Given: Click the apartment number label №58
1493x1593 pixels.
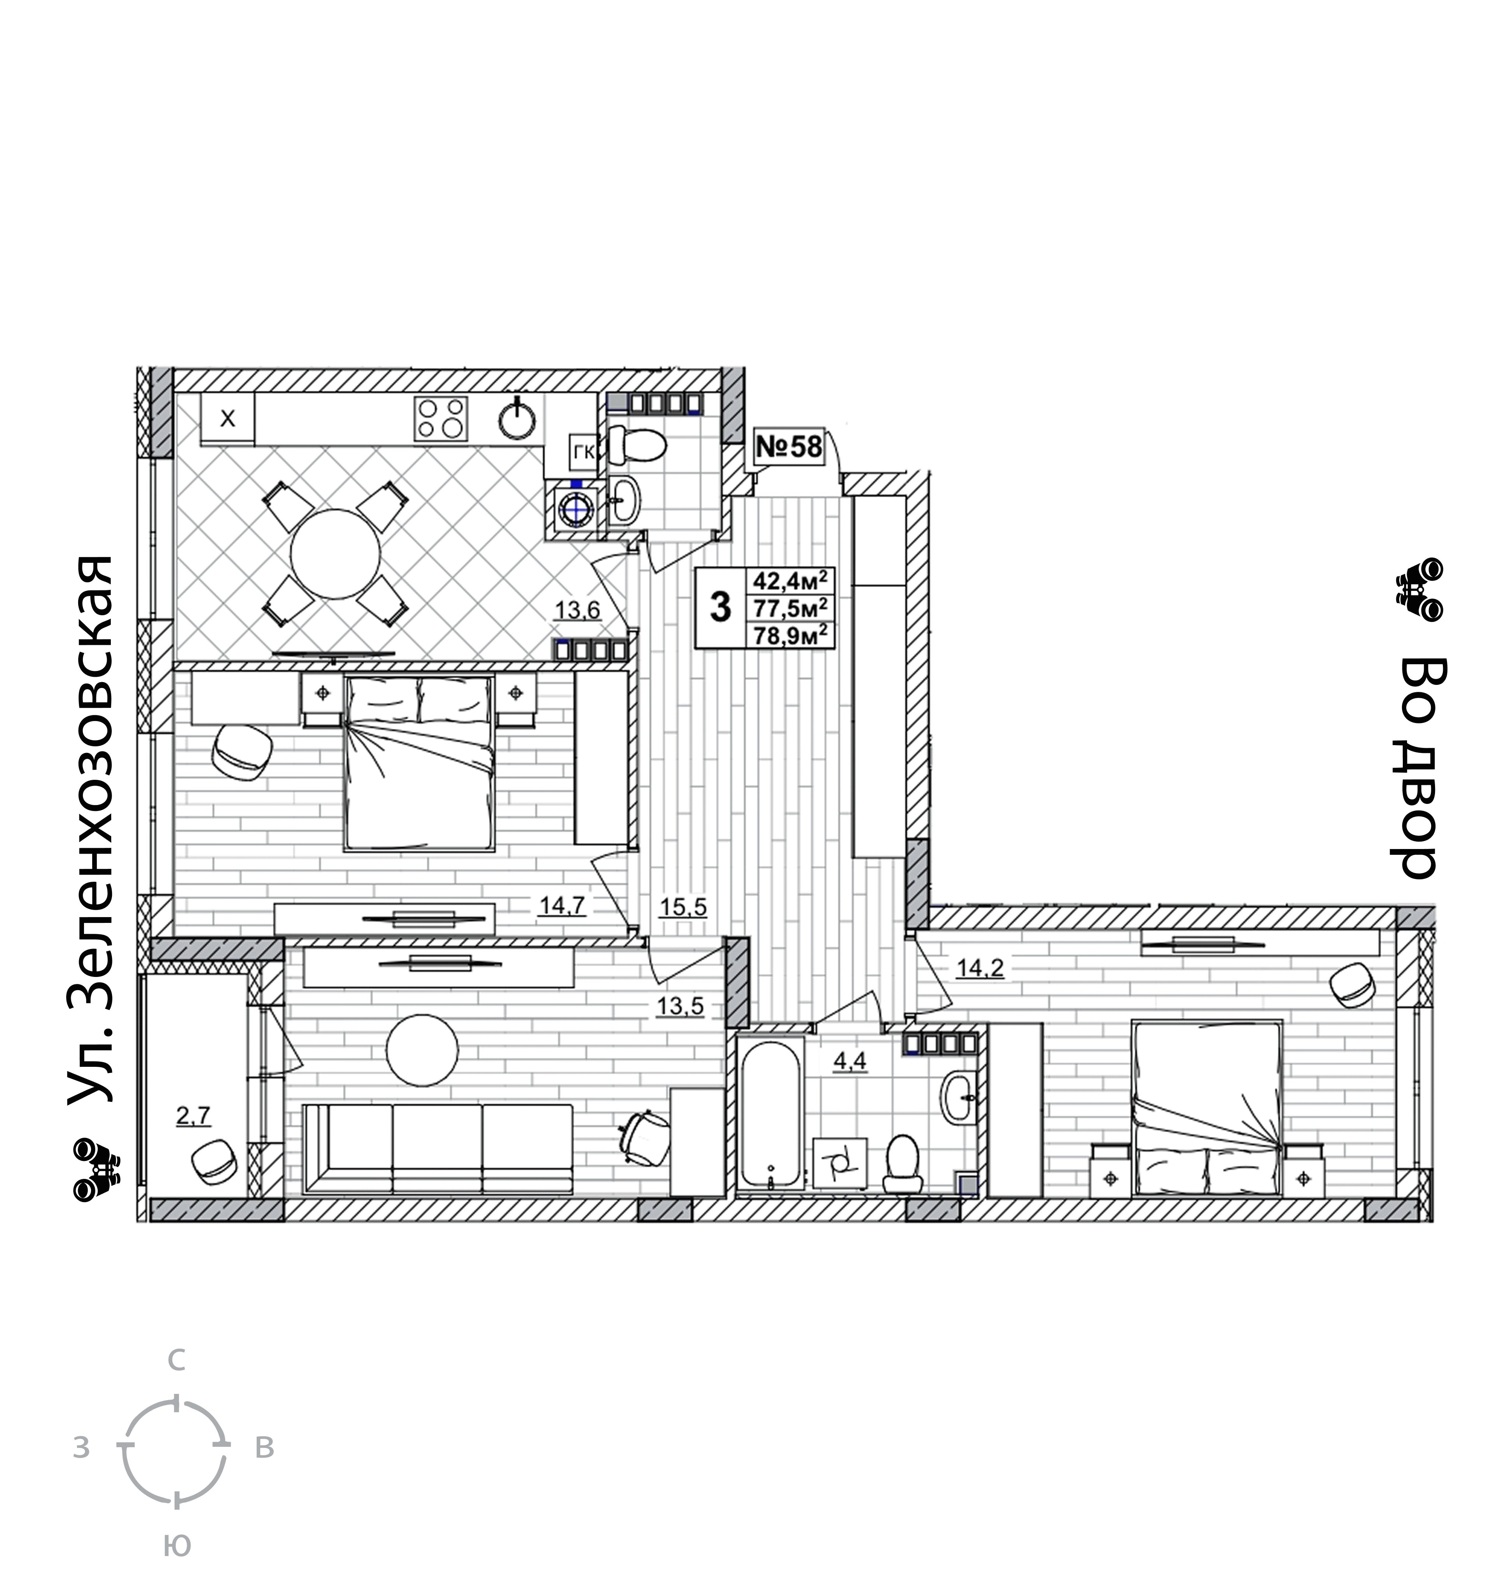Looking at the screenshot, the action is (x=789, y=446).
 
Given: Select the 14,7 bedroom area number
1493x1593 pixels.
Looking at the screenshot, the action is (x=563, y=906).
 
